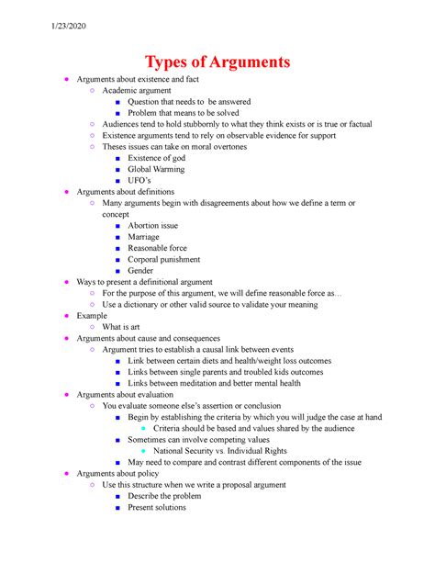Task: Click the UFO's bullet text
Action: (144, 181)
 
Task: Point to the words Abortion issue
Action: (153, 225)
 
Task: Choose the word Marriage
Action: (144, 236)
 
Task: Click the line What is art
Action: (121, 326)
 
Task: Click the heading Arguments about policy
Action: (118, 473)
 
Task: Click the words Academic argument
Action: (138, 91)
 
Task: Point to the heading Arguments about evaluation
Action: (127, 394)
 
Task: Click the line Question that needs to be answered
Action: (189, 102)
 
